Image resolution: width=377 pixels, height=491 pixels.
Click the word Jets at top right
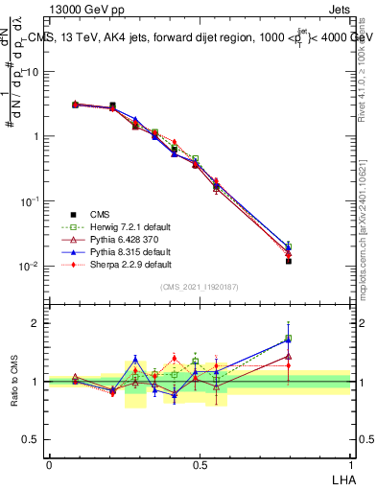[339, 10]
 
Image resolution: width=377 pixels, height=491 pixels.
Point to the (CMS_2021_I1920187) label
[200, 287]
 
